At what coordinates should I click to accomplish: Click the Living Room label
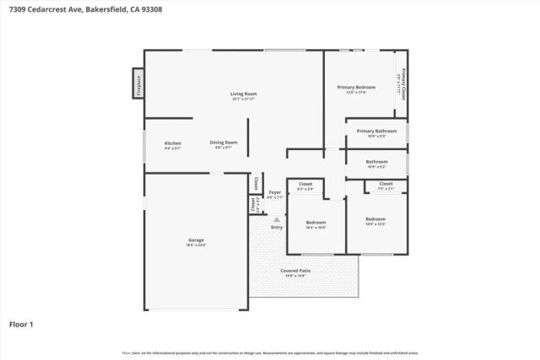click(244, 94)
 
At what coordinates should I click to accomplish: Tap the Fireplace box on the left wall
click(138, 85)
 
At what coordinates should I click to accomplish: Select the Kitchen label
click(172, 143)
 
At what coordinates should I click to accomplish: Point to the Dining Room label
click(224, 142)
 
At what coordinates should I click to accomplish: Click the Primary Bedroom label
click(356, 87)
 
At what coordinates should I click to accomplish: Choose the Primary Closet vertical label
click(402, 83)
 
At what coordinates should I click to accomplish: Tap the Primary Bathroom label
click(376, 131)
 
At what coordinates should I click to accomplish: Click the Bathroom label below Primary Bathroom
click(376, 161)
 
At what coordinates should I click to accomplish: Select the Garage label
click(196, 240)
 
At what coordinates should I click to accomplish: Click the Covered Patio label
click(295, 271)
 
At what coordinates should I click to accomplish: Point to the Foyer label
click(275, 192)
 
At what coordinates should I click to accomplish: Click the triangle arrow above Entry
click(276, 218)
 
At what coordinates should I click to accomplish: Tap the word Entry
click(276, 227)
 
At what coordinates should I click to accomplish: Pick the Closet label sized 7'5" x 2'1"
click(386, 184)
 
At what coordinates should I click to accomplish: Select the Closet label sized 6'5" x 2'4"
click(305, 184)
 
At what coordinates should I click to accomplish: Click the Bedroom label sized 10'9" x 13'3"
click(375, 219)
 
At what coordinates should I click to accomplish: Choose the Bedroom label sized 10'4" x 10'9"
click(316, 223)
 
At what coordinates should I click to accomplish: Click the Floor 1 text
click(21, 324)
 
